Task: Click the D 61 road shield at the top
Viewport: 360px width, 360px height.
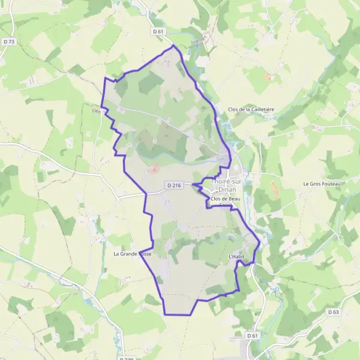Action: (158, 31)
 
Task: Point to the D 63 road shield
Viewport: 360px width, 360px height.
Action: (334, 312)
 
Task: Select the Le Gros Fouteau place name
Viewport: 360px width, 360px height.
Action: (322, 184)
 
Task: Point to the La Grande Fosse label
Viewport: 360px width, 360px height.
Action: (133, 254)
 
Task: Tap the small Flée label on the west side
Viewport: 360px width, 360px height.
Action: (96, 110)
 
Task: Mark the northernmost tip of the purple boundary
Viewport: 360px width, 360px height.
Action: (173, 45)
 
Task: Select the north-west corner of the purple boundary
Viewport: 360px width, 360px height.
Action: (105, 78)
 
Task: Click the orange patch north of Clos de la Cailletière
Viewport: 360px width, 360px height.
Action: (269, 77)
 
